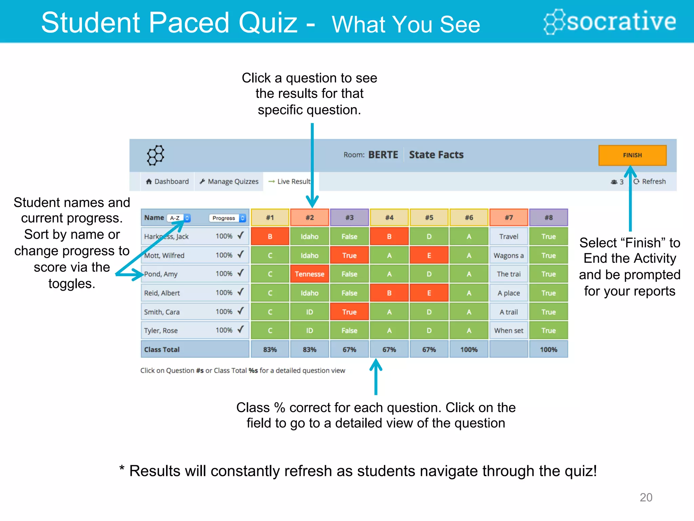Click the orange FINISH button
[x=632, y=155]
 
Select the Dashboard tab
[x=167, y=181]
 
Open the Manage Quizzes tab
[x=229, y=181]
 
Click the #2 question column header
[x=309, y=217]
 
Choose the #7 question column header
[x=509, y=217]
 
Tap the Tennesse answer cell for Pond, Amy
[x=309, y=274]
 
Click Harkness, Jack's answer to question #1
[x=270, y=236]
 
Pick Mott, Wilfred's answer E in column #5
[x=429, y=255]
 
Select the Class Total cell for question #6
[x=469, y=349]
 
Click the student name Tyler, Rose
[x=161, y=330]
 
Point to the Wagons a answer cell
[x=509, y=255]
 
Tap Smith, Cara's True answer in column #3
[x=349, y=312]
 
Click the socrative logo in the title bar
[x=610, y=21]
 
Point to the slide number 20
[x=646, y=497]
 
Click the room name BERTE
[x=383, y=155]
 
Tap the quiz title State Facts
[x=436, y=155]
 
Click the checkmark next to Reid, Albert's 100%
[x=241, y=292]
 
